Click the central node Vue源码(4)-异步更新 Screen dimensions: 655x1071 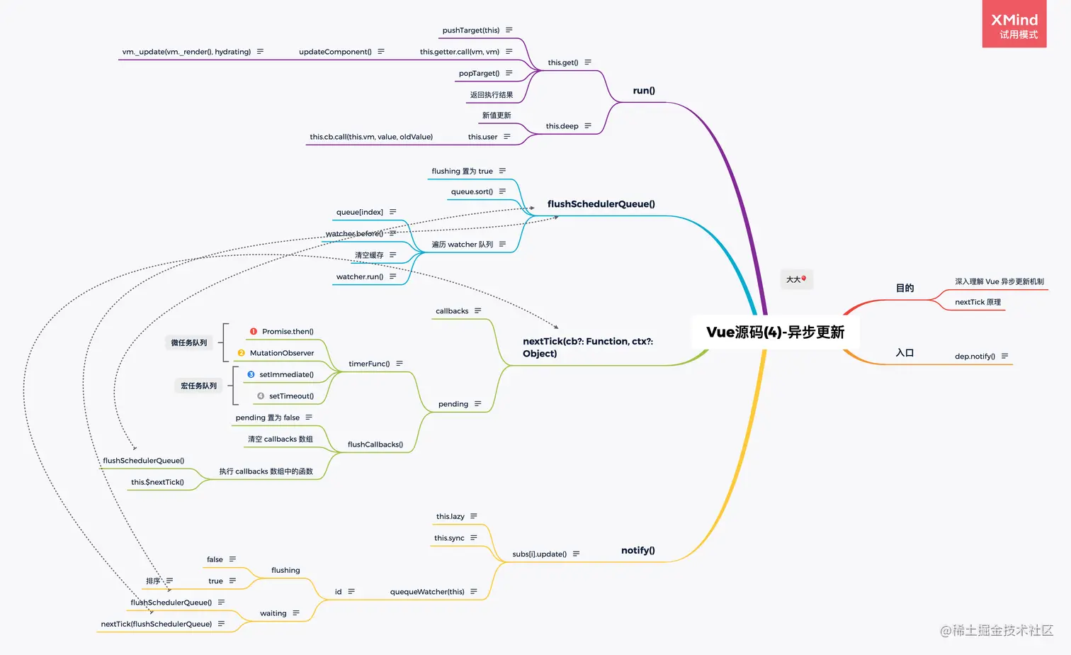[x=775, y=332]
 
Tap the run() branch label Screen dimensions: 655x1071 [x=644, y=91]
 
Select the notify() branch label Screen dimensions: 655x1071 [x=637, y=551]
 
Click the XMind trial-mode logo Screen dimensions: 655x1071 [x=1014, y=25]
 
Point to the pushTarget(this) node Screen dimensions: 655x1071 [x=471, y=30]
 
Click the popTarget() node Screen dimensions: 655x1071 [x=479, y=74]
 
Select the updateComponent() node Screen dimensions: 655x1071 [x=335, y=52]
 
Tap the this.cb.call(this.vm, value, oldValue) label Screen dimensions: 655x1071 [x=371, y=138]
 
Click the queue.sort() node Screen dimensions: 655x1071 [x=472, y=192]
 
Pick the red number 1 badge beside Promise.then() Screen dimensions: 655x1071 [x=254, y=332]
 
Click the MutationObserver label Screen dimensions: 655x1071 [x=282, y=353]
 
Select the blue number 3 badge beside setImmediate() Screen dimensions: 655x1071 [x=251, y=374]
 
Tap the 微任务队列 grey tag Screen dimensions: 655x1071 [x=189, y=343]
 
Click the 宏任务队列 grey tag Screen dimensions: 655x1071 [x=198, y=386]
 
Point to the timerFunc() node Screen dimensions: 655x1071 [x=369, y=364]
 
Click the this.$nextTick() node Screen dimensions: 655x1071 [x=157, y=483]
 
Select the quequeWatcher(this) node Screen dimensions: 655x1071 [x=427, y=592]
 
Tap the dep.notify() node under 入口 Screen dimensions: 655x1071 [x=975, y=357]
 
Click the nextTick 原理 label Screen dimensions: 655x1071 [x=977, y=303]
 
